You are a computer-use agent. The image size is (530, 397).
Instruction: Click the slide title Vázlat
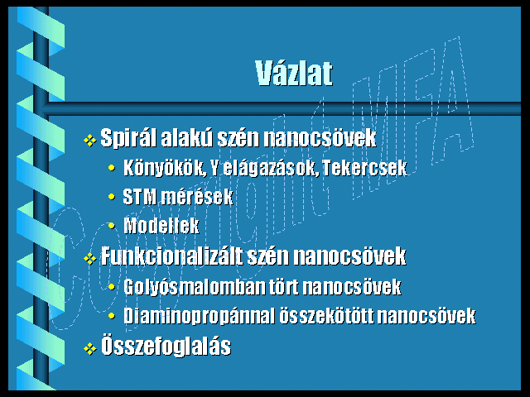[x=294, y=74]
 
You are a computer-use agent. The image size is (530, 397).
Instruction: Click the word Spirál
[x=128, y=138]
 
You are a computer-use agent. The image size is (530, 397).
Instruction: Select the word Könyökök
[x=165, y=168]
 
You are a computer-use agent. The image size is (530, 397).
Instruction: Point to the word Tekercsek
[x=364, y=167]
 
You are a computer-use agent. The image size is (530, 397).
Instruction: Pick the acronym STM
[x=139, y=197]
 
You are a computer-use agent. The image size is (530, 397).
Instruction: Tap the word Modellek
[x=161, y=226]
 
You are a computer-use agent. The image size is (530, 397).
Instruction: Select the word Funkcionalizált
[x=171, y=256]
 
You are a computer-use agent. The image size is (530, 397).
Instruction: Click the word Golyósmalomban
[x=195, y=287]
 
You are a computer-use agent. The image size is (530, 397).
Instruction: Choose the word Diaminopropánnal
[x=199, y=316]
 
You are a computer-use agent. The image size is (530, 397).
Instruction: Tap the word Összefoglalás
[x=166, y=346]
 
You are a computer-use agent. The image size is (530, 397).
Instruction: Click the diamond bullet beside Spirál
[x=90, y=140]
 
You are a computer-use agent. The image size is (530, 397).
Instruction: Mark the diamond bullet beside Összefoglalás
[x=90, y=348]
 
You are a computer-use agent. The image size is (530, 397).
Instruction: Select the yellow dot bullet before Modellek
[x=112, y=225]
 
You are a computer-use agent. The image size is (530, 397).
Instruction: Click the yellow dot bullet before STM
[x=112, y=196]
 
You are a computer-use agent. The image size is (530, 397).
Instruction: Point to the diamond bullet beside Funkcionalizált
[x=90, y=258]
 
